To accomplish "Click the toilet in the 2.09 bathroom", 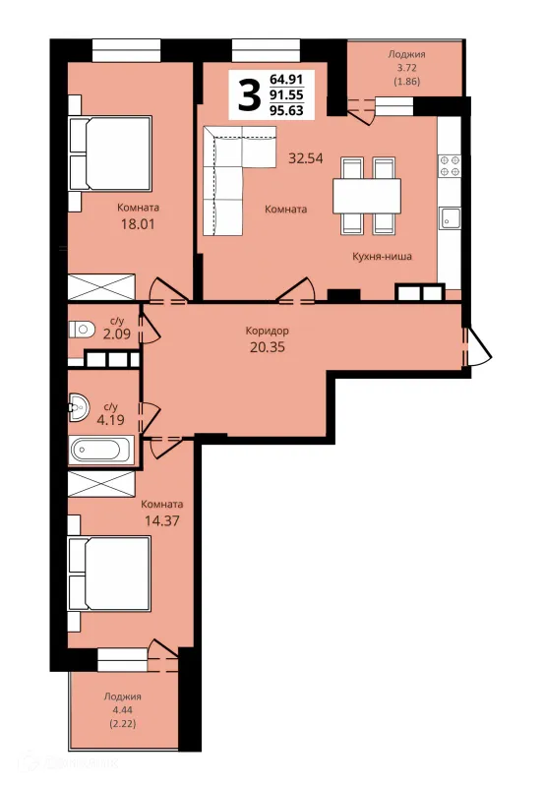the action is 82,330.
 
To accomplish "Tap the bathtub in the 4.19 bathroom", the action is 102,450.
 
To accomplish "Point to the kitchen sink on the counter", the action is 450,217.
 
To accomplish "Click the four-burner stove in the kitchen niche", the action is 450,165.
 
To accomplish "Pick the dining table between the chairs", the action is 367,196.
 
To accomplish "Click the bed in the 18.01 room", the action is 110,153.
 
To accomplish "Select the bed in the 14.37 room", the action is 109,574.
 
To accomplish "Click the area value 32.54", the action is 306,158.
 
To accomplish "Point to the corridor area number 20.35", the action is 268,347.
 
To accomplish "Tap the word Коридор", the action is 267,331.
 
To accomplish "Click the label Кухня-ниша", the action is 382,257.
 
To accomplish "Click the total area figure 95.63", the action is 286,110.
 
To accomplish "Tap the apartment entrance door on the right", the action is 477,347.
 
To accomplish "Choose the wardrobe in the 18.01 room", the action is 101,287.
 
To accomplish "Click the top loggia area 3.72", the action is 406,68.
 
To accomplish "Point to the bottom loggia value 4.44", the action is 123,709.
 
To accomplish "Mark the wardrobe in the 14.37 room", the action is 101,484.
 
